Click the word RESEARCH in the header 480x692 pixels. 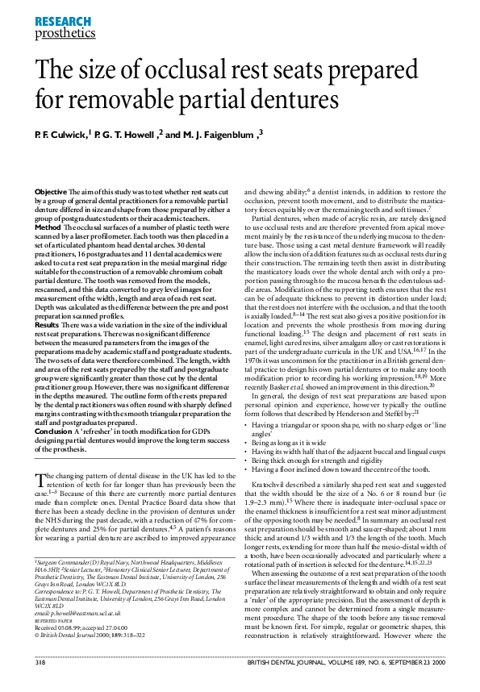pos(57,21)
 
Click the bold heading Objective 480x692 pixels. pos(50,190)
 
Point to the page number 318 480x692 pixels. pos(40,684)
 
